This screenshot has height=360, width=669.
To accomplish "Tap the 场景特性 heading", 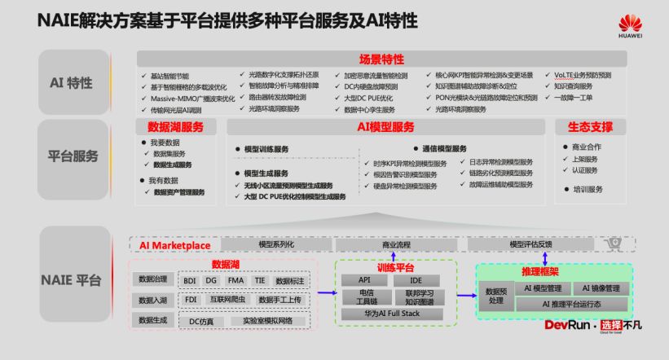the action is tap(381, 59).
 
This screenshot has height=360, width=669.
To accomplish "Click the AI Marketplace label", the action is tap(174, 244).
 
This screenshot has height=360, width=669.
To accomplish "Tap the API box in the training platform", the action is tap(365, 279).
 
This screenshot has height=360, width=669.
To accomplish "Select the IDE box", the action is tap(416, 279).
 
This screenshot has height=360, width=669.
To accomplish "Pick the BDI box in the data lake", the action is tap(190, 279).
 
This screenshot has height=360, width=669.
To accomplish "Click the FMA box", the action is tap(236, 279).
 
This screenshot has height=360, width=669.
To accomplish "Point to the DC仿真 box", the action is tap(200, 321).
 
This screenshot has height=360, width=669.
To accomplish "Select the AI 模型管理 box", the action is tap(543, 288).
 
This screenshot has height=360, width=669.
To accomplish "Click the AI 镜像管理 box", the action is tap(601, 288).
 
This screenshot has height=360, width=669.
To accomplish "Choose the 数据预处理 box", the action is tap(496, 295).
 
